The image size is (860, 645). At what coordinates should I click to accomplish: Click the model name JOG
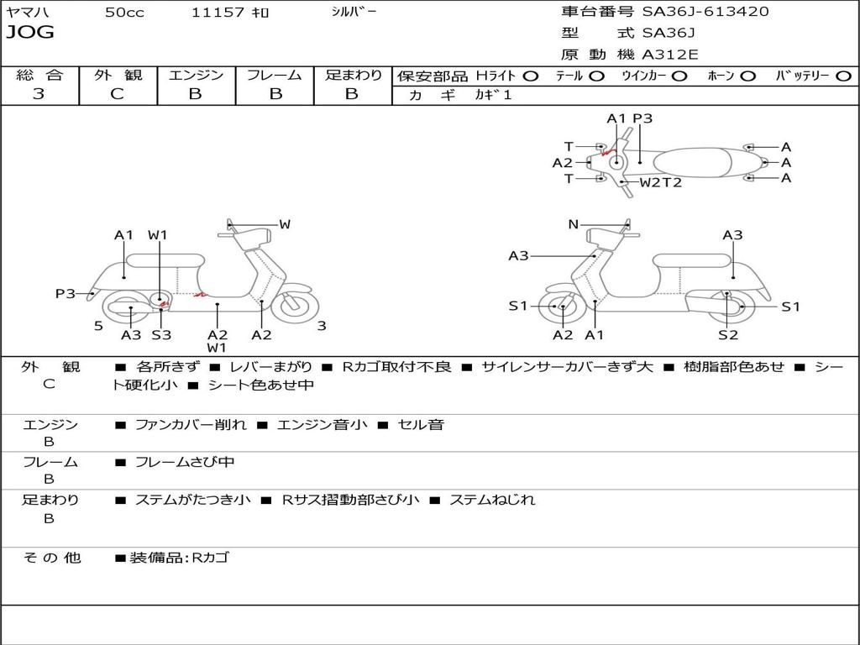(30, 33)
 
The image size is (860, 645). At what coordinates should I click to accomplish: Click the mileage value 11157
(218, 13)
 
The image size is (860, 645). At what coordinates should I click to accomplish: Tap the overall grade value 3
(39, 94)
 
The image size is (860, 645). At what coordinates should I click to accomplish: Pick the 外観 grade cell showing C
(118, 94)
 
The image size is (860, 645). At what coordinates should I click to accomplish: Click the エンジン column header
(197, 75)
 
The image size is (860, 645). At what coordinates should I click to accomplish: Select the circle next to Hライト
(532, 76)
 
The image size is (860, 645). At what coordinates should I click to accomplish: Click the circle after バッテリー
(843, 76)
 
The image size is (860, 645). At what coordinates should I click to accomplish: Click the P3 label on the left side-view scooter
(66, 294)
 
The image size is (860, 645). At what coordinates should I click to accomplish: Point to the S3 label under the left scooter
(161, 335)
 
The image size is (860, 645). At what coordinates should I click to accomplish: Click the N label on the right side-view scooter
(574, 224)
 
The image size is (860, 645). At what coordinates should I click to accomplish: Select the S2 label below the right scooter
(727, 335)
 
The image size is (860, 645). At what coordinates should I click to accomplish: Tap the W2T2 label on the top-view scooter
(661, 182)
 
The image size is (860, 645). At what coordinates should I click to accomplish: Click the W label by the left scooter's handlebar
(285, 224)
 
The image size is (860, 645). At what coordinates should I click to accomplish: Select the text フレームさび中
(185, 462)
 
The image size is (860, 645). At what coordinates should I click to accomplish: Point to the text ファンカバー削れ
(191, 425)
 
